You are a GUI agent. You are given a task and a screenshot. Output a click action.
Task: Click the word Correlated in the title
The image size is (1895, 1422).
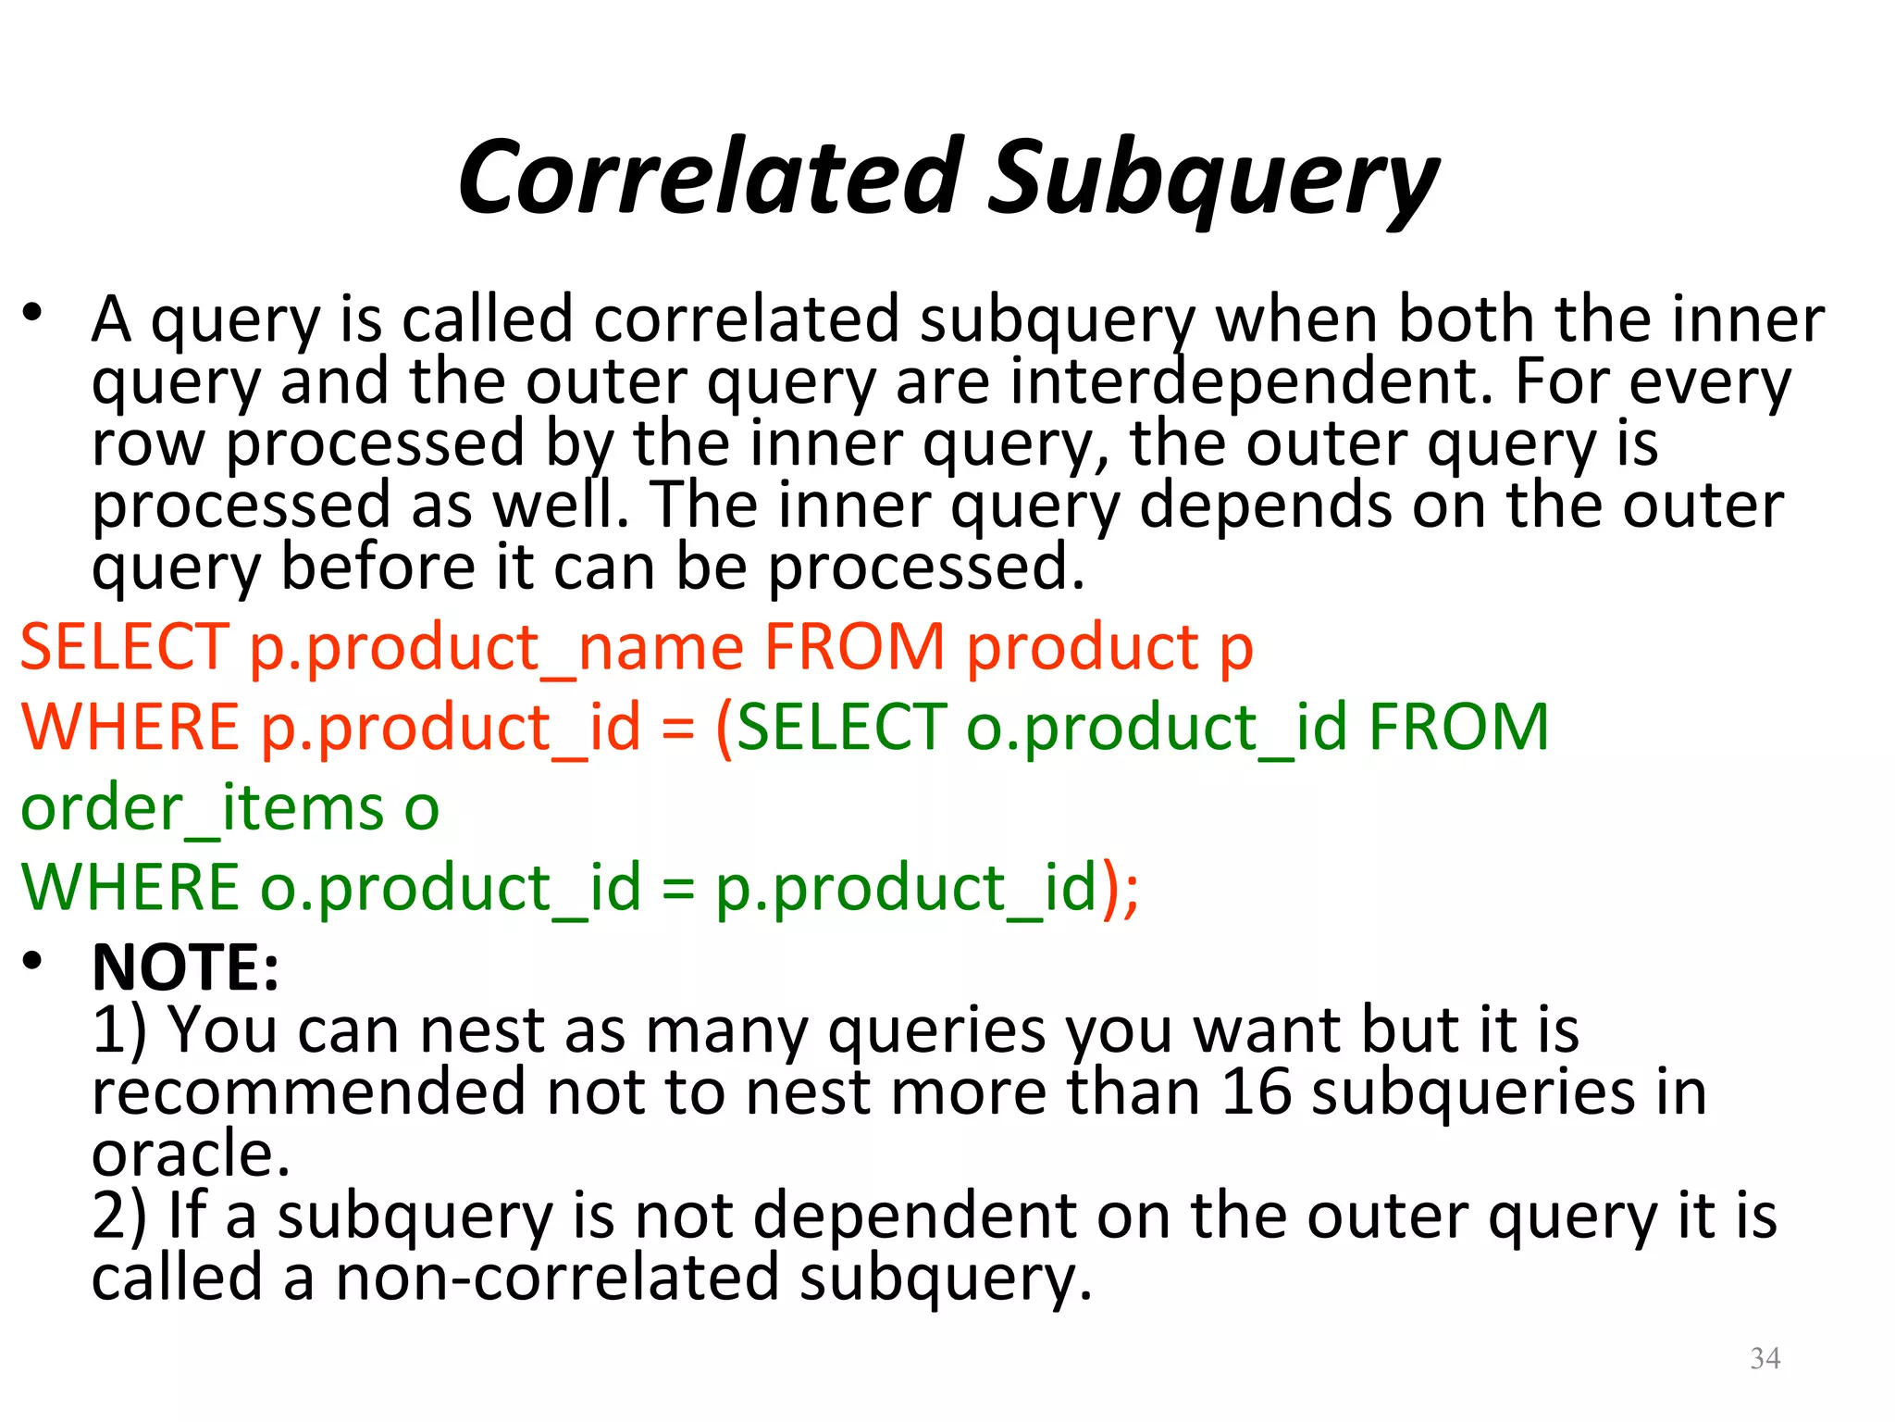(x=711, y=178)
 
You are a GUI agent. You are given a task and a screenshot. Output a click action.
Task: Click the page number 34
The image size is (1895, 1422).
(x=1765, y=1358)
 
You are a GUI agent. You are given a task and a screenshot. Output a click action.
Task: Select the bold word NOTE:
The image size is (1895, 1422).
(x=185, y=967)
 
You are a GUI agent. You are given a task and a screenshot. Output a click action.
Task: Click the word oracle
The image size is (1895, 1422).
(x=191, y=1154)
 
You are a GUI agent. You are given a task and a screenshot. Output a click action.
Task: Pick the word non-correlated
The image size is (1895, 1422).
(x=557, y=1278)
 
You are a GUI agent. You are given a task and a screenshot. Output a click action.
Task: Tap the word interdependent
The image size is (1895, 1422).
(x=1251, y=381)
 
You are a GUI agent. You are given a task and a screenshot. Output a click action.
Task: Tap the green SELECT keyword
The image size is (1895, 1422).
(x=842, y=728)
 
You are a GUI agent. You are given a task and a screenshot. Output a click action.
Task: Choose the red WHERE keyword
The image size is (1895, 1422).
(x=130, y=728)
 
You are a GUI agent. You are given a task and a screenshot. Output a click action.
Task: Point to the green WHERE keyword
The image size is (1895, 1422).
(x=130, y=888)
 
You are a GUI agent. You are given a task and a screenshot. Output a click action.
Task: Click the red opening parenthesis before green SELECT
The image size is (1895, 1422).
(x=724, y=730)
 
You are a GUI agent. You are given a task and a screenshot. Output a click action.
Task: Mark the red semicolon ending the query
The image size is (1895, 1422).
(x=1131, y=891)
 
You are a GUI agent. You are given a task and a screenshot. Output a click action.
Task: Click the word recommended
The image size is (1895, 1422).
(x=308, y=1092)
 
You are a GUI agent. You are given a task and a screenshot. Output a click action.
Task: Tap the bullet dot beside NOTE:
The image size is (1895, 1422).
(x=33, y=961)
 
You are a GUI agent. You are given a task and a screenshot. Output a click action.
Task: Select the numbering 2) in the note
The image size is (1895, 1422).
(x=119, y=1216)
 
